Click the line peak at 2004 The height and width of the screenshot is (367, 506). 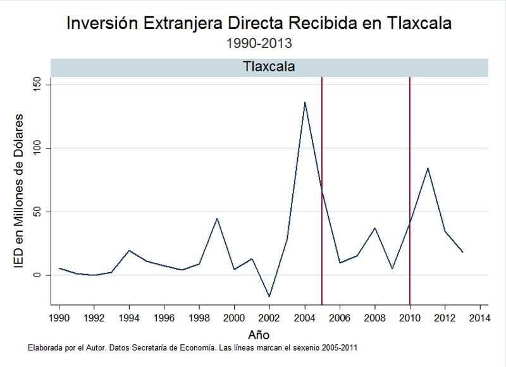pyautogui.click(x=305, y=102)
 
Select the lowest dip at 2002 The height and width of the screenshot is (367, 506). pyautogui.click(x=269, y=296)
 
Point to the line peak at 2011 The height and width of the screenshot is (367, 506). pyautogui.click(x=428, y=168)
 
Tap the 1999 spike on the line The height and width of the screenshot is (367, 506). pyautogui.click(x=217, y=219)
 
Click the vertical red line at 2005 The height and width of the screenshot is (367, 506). pyautogui.click(x=322, y=190)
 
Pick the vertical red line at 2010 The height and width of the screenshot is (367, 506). pyautogui.click(x=410, y=190)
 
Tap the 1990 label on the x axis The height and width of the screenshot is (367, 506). pyautogui.click(x=59, y=318)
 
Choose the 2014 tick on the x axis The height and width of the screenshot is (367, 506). pyautogui.click(x=480, y=318)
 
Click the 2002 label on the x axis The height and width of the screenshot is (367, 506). pyautogui.click(x=269, y=318)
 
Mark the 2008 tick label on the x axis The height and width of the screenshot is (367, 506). pyautogui.click(x=374, y=318)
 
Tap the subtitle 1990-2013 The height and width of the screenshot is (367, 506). pyautogui.click(x=259, y=44)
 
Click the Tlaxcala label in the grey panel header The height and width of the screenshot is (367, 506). pyautogui.click(x=269, y=66)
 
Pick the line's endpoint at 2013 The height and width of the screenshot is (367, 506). pyautogui.click(x=462, y=252)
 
